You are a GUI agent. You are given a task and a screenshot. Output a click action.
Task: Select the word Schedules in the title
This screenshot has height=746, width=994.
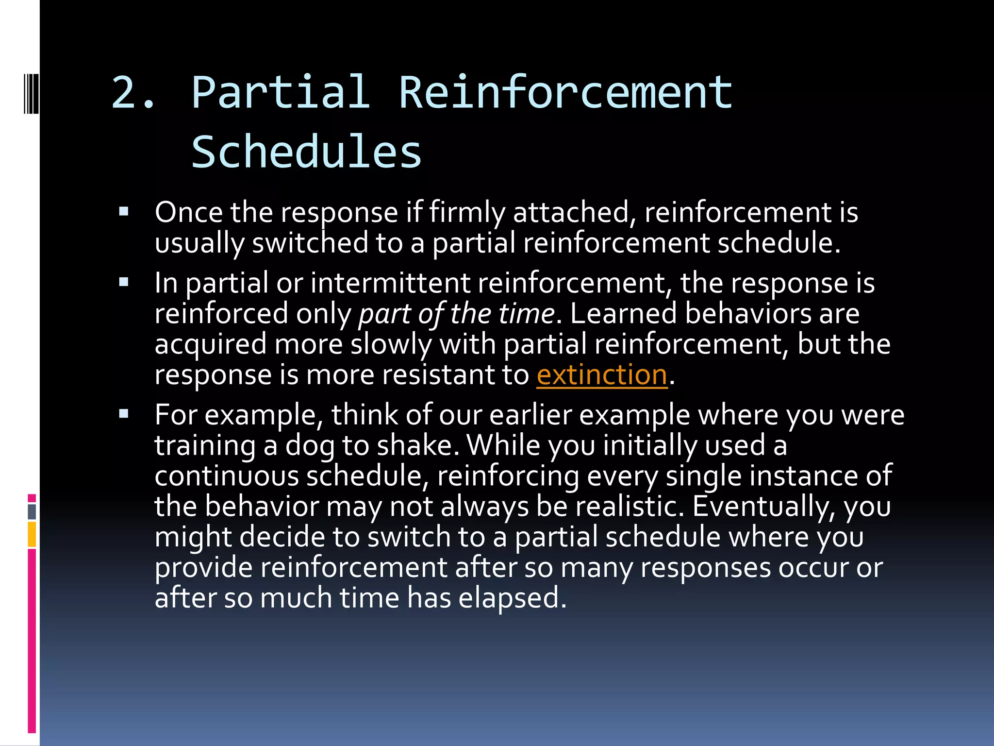(307, 152)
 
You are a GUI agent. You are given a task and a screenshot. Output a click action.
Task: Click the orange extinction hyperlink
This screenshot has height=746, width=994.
(602, 375)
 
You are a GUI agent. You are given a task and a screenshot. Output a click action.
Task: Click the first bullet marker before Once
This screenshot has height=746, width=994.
(124, 212)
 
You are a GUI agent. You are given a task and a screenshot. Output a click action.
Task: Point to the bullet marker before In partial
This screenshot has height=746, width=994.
(124, 282)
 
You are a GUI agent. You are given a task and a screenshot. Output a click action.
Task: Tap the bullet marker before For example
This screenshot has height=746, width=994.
(124, 414)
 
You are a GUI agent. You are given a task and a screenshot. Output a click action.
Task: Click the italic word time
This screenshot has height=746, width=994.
(526, 314)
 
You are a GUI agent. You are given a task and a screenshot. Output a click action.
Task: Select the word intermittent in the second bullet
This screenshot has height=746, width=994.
(391, 283)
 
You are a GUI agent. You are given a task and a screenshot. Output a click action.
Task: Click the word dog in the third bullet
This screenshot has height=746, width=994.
(310, 445)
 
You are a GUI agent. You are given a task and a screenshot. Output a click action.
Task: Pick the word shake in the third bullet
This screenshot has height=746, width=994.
(417, 445)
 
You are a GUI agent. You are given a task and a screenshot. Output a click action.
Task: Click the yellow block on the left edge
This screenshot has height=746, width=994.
(32, 534)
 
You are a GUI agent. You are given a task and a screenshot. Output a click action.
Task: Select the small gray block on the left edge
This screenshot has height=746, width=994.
(32, 511)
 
